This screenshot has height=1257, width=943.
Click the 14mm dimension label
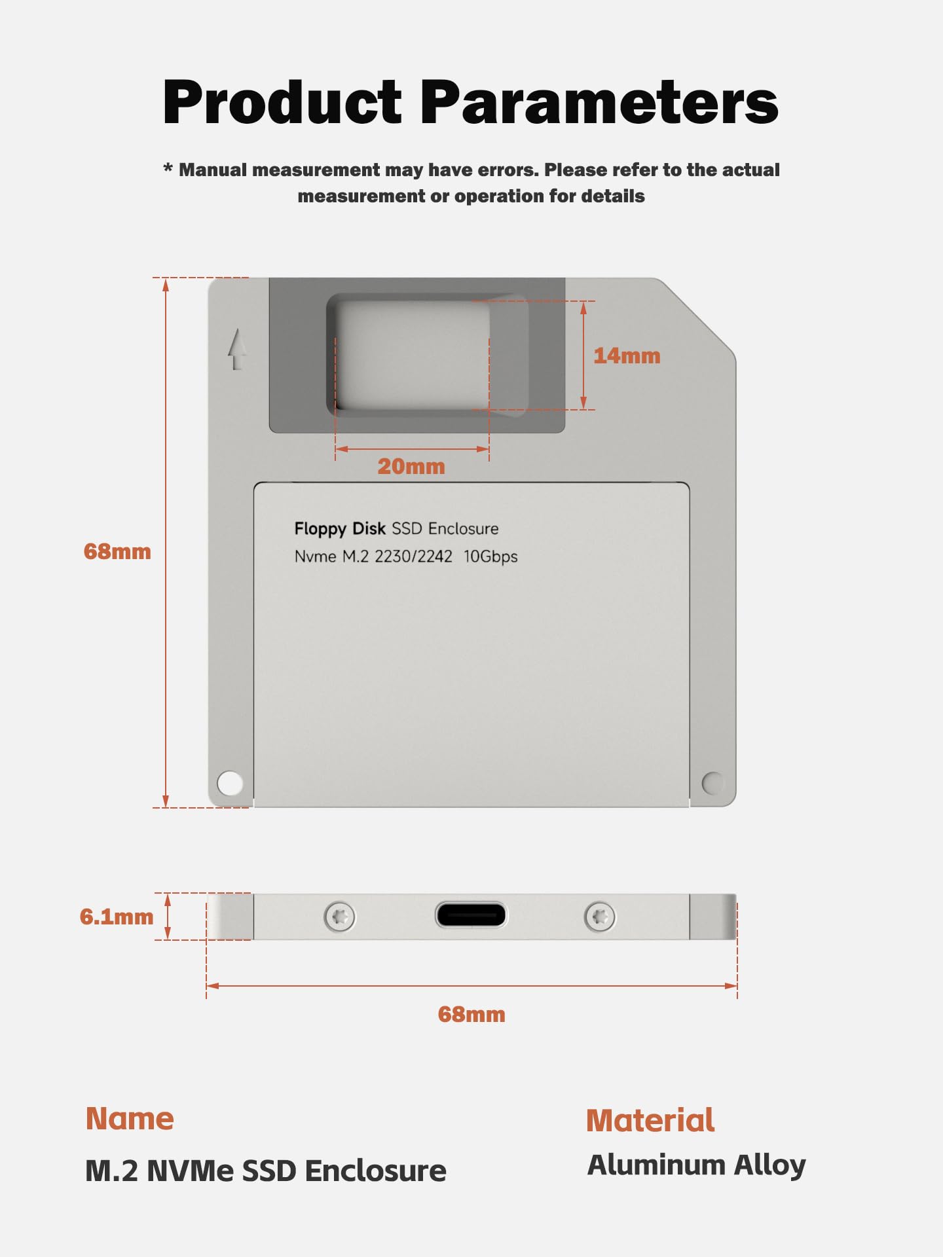click(627, 356)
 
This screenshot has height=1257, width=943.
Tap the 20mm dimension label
click(411, 467)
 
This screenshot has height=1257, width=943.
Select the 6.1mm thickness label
click(117, 917)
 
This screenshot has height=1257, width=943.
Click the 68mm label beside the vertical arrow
click(117, 552)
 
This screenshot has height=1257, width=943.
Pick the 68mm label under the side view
click(471, 1015)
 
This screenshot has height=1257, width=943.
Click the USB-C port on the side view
click(471, 915)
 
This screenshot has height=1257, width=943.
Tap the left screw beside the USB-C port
click(340, 917)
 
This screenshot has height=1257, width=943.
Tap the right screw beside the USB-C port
click(600, 917)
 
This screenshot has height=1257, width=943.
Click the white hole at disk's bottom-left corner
click(230, 783)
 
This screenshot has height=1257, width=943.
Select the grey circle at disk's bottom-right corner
click(712, 782)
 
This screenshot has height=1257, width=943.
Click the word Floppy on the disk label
click(320, 529)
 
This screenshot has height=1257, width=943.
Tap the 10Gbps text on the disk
click(490, 556)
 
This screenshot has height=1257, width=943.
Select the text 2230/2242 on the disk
click(413, 556)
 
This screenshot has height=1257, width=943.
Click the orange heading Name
click(130, 1119)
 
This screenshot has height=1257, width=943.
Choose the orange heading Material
click(650, 1121)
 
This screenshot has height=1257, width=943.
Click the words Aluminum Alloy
click(696, 1166)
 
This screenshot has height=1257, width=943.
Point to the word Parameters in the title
click(599, 102)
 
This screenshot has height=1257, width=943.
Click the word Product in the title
click(282, 102)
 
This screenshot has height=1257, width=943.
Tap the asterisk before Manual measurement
click(168, 169)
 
